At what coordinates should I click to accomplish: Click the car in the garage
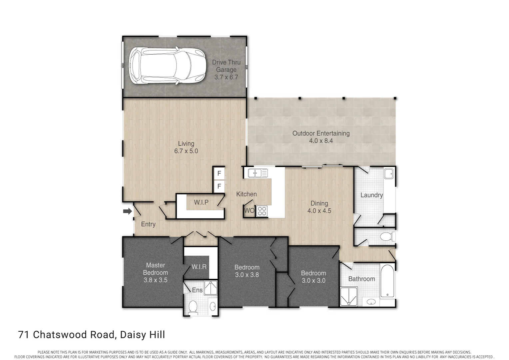(166, 66)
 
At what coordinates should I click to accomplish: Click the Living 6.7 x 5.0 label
(186, 147)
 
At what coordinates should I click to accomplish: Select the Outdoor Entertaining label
(321, 137)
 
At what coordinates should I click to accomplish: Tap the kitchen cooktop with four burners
(262, 211)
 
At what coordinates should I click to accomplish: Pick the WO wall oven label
(249, 211)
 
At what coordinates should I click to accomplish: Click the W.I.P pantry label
(201, 202)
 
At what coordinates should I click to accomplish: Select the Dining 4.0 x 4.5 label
(319, 207)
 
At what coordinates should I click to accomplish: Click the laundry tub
(388, 174)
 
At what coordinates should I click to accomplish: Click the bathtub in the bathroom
(387, 281)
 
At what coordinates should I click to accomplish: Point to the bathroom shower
(348, 296)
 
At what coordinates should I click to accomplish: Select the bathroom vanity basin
(371, 302)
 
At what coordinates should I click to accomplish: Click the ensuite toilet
(193, 307)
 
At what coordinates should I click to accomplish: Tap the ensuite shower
(211, 288)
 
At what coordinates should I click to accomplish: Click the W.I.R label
(199, 267)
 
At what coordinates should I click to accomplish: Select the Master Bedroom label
(155, 272)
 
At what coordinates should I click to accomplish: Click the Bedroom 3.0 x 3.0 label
(313, 277)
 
